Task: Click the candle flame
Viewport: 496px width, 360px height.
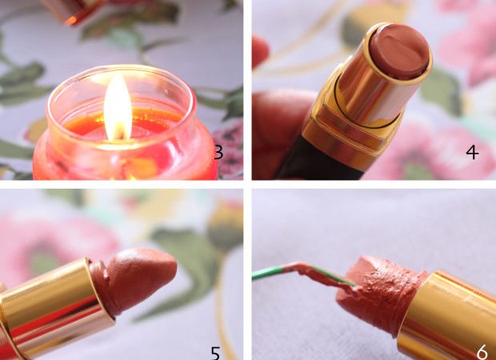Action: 118,107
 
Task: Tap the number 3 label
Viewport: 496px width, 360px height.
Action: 218,152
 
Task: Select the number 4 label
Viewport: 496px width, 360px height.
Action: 472,153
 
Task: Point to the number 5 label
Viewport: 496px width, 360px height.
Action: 215,353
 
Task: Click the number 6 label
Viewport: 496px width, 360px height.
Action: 482,352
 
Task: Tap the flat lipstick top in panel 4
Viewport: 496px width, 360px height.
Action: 399,50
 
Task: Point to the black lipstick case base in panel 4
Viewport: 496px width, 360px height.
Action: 319,162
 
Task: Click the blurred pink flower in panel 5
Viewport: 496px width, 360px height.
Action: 57,246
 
